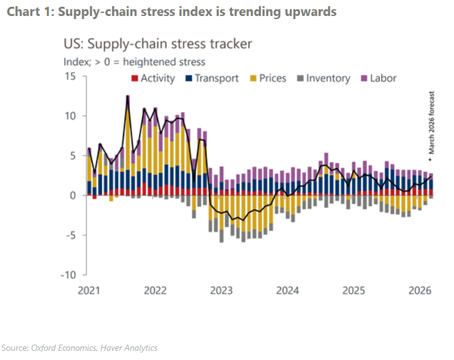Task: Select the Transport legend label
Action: click(x=217, y=78)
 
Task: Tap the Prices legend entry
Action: click(x=273, y=78)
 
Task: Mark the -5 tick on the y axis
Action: click(x=71, y=235)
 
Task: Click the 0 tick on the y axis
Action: click(x=72, y=195)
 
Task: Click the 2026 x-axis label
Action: click(x=420, y=290)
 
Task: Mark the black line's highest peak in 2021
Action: click(x=127, y=97)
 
